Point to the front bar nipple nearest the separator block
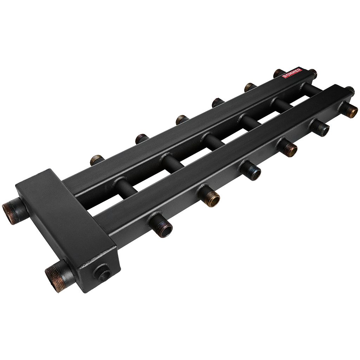(x=161, y=221)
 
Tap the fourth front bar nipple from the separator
(x=287, y=147)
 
